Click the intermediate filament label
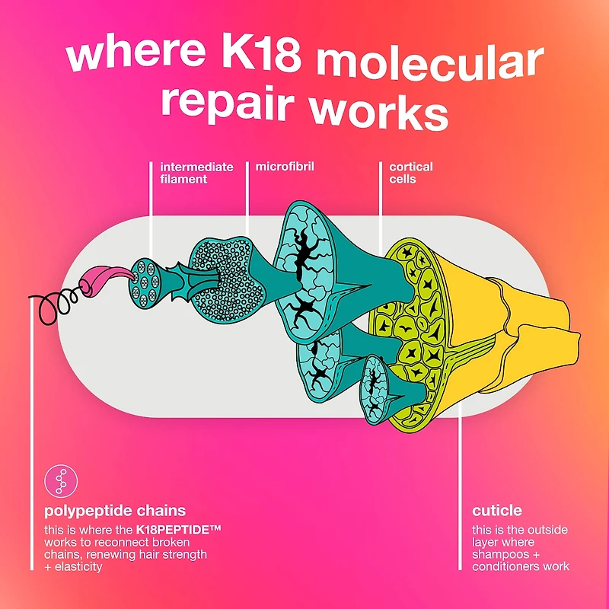[x=196, y=173]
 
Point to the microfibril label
[x=285, y=167]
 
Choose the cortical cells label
[x=411, y=173]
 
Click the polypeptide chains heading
[x=115, y=510]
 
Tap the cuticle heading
[x=497, y=510]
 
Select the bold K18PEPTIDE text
[x=178, y=530]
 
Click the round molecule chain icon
[x=61, y=481]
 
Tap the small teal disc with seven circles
[x=145, y=283]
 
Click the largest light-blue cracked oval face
[x=305, y=272]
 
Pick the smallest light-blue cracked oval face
[x=373, y=390]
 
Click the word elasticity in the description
[x=78, y=566]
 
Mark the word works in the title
[x=378, y=110]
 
